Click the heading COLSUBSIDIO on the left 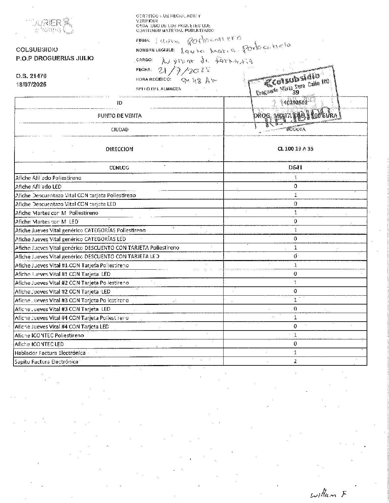coord(37,50)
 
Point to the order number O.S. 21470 coord(31,76)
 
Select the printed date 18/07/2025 coord(31,85)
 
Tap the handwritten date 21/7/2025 coord(184,70)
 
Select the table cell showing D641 coord(295,167)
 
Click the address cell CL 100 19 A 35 coord(295,149)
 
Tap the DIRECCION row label coord(119,149)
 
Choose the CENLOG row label coord(119,168)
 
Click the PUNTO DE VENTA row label coord(119,116)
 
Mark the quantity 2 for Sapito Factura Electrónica coord(295,361)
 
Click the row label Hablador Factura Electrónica coord(50,353)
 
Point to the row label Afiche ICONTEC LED coord(39,344)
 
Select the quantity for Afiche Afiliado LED coord(295,186)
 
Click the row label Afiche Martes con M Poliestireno coord(57,213)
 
